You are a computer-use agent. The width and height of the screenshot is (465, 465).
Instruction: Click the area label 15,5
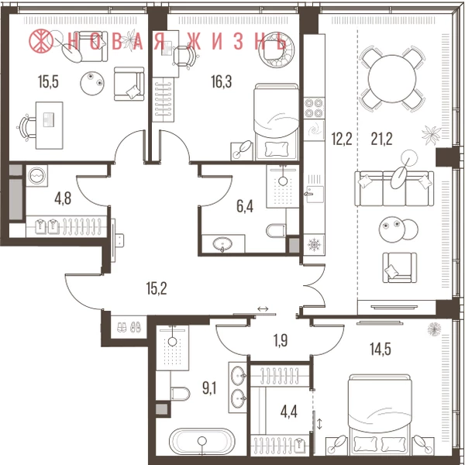(48, 82)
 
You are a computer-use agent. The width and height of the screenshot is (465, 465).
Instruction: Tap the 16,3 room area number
(221, 82)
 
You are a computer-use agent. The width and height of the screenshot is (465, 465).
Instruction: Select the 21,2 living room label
(381, 139)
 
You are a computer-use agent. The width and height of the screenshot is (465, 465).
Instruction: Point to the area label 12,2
(342, 139)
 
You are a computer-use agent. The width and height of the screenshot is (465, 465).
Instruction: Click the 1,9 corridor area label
(281, 340)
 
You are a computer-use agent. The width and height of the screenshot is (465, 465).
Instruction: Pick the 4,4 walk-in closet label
(288, 412)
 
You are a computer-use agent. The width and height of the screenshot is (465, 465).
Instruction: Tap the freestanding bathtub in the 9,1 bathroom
(201, 441)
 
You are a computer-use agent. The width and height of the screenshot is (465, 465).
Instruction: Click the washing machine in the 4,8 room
(36, 176)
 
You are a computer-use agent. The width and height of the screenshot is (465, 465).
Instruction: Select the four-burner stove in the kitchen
(314, 108)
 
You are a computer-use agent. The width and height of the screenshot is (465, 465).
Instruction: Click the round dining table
(392, 79)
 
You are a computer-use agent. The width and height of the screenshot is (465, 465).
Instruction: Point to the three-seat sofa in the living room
(394, 188)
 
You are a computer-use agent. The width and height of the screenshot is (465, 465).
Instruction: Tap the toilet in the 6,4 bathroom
(276, 230)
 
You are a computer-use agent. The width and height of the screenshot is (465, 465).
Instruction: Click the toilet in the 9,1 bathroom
(181, 393)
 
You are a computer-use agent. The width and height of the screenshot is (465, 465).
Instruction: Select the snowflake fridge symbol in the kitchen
(314, 245)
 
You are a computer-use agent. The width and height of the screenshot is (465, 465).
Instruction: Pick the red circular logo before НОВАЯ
(41, 41)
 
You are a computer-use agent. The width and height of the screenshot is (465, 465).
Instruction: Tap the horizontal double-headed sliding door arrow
(263, 309)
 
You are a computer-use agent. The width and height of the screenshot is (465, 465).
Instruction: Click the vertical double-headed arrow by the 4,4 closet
(319, 423)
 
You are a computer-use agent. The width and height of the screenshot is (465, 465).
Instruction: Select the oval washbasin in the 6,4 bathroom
(222, 244)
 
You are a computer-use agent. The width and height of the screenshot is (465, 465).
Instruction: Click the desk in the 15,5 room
(50, 125)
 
